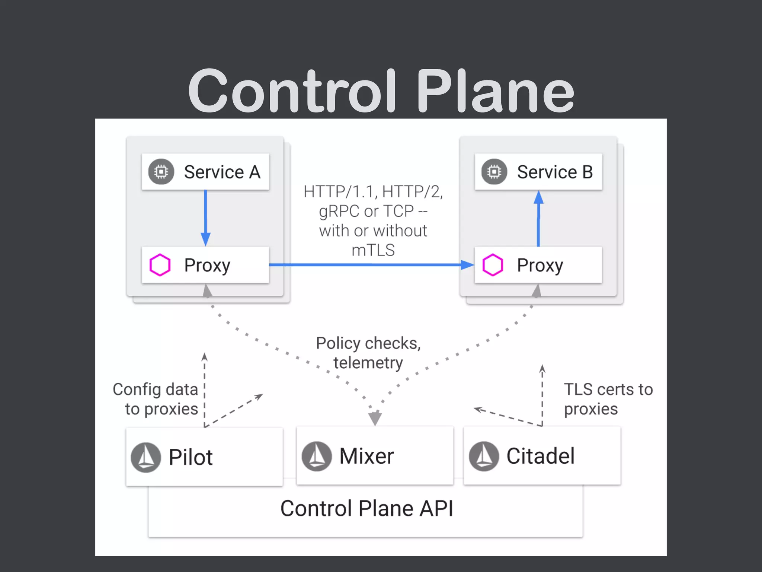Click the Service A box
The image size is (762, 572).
[x=205, y=172]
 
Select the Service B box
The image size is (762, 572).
[x=538, y=172]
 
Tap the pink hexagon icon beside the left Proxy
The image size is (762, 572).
[x=160, y=265]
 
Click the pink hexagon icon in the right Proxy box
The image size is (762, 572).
[x=493, y=265]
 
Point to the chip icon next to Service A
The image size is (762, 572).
[x=161, y=172]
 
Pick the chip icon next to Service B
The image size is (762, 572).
[x=494, y=172]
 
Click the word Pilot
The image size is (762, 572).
[x=190, y=457]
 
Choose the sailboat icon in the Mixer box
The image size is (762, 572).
[x=317, y=456]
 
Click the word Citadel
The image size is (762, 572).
[x=540, y=456]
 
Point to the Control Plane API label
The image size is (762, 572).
[x=366, y=508]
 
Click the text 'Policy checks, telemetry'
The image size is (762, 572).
[x=368, y=353]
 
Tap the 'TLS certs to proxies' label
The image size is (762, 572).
[x=608, y=399]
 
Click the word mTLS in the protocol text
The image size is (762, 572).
[x=373, y=250]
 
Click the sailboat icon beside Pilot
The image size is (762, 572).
[x=146, y=457]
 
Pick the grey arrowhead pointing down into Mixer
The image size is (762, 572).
[x=375, y=418]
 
